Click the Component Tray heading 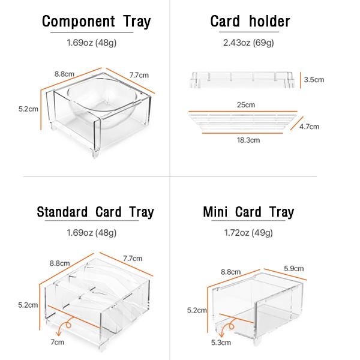(96, 22)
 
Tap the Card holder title (250, 22)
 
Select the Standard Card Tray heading (95, 212)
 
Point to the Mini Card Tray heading (248, 212)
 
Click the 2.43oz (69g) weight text (248, 43)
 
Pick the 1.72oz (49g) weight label (248, 233)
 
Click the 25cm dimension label (246, 105)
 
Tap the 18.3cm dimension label (248, 140)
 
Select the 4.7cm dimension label (309, 127)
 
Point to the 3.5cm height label (314, 80)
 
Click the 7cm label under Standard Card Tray (58, 342)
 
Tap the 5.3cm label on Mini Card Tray (221, 343)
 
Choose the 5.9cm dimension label (293, 268)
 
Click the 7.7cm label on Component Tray (139, 75)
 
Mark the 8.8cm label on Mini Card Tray (230, 272)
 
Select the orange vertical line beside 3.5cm (301, 80)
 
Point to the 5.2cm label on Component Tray (28, 109)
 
